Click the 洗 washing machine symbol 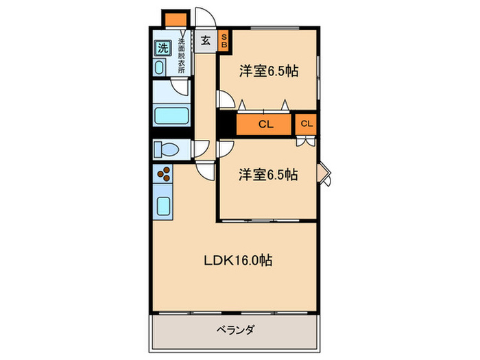tap(163, 48)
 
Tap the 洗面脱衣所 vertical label tap(181, 56)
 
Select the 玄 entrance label tap(205, 40)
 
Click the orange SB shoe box tap(224, 40)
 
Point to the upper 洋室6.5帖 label tap(268, 71)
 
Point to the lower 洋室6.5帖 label tap(268, 175)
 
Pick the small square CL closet tap(306, 124)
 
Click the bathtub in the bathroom tap(171, 115)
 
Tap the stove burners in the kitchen tap(165, 174)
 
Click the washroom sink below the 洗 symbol tap(160, 67)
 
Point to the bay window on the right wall tap(325, 175)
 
